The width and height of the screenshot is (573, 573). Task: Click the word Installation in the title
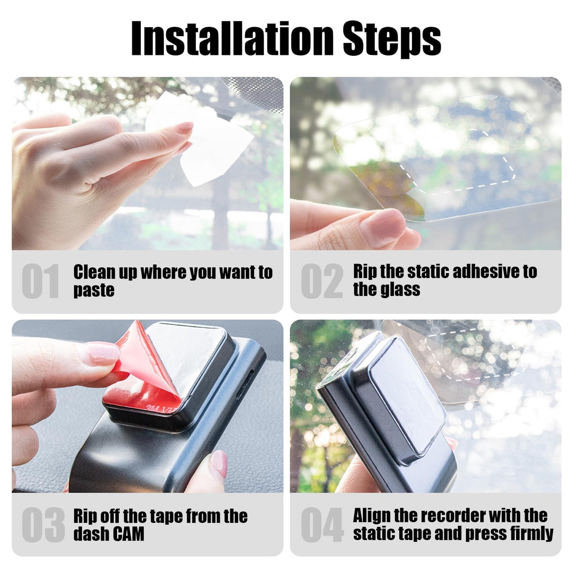[x=232, y=38]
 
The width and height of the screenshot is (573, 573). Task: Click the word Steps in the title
[x=392, y=40]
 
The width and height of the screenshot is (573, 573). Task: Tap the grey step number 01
[x=41, y=281]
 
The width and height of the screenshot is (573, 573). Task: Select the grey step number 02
[x=322, y=281]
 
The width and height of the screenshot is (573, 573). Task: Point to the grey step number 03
[x=43, y=525]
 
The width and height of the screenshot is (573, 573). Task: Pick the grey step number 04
[x=322, y=525]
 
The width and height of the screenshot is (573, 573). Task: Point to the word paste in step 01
[x=94, y=290]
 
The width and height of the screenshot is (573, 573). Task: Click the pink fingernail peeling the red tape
[x=103, y=353]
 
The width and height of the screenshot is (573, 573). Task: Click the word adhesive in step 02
[x=464, y=272]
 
